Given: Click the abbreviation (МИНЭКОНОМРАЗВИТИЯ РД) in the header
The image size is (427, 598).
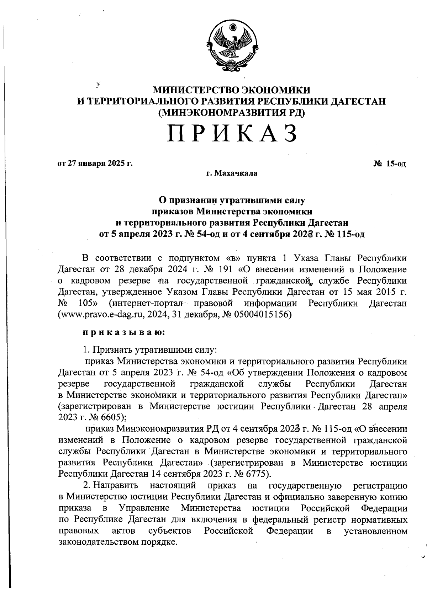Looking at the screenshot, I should pyautogui.click(x=232, y=113).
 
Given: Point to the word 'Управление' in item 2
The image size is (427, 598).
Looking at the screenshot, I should pyautogui.click(x=144, y=508).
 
